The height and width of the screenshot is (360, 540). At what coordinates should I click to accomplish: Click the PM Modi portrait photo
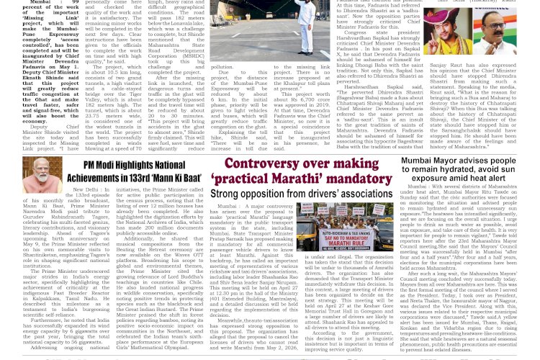[42, 176]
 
